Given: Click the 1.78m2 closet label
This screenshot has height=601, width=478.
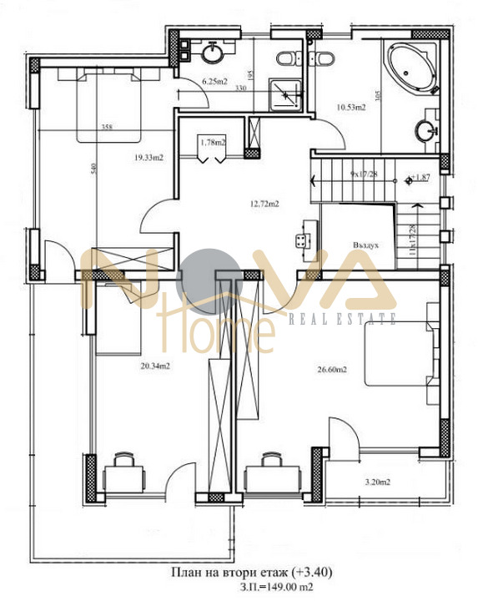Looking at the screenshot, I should coord(213,142).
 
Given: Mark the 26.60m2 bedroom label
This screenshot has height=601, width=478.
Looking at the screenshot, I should coord(333,368).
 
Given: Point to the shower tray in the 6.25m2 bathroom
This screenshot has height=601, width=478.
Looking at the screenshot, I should coord(289,93).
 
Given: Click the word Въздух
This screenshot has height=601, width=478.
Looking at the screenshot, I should coord(366,246).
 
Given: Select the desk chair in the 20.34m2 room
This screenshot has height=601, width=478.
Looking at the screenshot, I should coord(124,458).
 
